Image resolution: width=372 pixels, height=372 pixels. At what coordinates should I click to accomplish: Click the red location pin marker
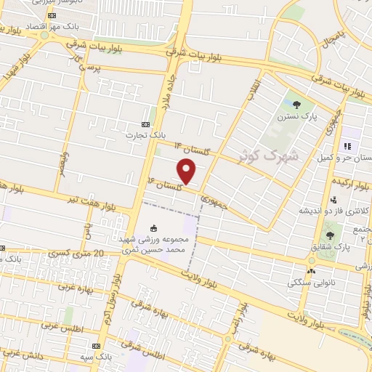[187, 172]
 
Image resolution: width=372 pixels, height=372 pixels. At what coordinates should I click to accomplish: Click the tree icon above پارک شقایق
[331, 235]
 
